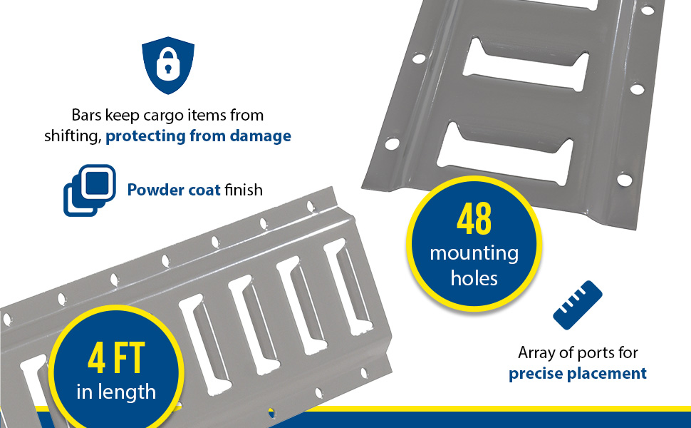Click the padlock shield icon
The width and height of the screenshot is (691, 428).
(168, 66)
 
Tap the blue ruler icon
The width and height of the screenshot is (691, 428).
(577, 305)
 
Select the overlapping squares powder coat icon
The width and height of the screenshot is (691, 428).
(90, 190)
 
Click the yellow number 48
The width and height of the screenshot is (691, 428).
(474, 219)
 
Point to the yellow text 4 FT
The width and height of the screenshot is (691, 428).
(116, 357)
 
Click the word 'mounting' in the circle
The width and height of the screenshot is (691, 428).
(474, 254)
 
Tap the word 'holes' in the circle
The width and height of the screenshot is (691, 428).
(474, 278)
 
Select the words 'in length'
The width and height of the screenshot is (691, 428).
(116, 392)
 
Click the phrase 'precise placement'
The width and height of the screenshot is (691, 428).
(577, 374)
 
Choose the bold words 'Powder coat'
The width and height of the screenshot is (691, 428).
(174, 190)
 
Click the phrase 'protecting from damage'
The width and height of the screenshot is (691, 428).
(198, 136)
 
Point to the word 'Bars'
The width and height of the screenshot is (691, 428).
(86, 115)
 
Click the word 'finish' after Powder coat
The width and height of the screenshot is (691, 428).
(244, 190)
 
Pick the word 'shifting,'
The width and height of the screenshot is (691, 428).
(73, 136)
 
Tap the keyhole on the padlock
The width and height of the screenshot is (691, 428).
(168, 69)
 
